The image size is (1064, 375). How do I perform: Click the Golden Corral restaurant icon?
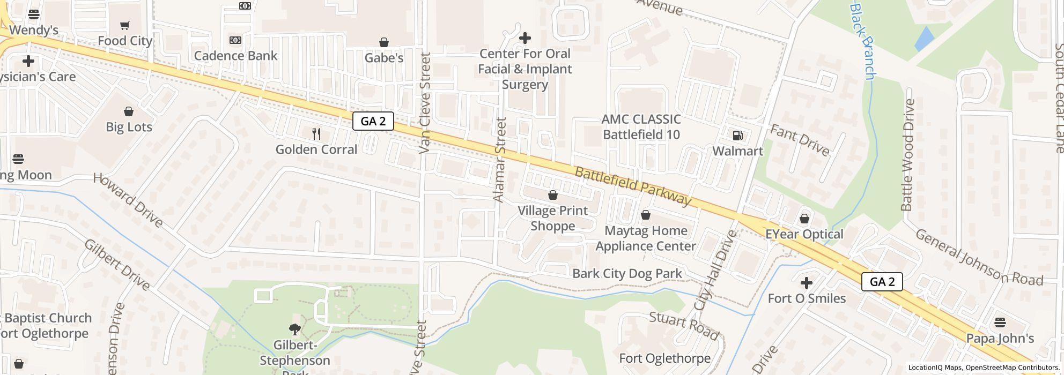pos(316,134)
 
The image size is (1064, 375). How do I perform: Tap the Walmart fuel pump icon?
pos(738,136)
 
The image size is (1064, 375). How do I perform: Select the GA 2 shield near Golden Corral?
pos(373,121)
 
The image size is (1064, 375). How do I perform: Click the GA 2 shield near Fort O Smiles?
pos(882,282)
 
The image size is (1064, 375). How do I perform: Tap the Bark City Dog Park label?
pos(627,274)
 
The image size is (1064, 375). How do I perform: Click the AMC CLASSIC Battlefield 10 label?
pos(641,127)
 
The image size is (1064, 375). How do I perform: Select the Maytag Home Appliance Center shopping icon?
pos(646,215)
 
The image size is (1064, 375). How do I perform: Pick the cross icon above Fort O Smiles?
pos(806,283)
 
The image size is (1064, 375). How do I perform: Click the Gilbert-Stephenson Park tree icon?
pos(294,329)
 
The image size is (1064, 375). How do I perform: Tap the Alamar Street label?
pos(499,160)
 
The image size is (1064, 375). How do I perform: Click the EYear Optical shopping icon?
pos(804,219)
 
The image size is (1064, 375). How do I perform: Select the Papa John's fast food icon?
pos(1000,322)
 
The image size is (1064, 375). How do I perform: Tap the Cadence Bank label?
pos(235,56)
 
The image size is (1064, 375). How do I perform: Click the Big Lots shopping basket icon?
pos(129,111)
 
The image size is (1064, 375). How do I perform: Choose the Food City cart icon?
pos(125,25)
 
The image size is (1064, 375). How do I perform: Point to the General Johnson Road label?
pos(979,257)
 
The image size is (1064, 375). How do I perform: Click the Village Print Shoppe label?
pos(552,218)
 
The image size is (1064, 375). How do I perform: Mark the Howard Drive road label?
pos(128,200)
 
